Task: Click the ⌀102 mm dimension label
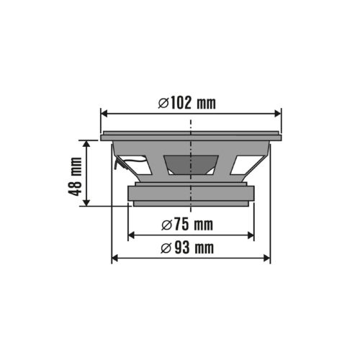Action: (x=186, y=103)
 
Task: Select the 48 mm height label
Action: (x=74, y=174)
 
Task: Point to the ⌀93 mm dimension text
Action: (x=186, y=248)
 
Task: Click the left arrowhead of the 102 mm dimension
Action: (x=104, y=113)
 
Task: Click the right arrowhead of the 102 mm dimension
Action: (x=277, y=113)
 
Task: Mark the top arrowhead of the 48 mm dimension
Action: (x=87, y=144)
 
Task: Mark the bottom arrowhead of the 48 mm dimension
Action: (x=87, y=203)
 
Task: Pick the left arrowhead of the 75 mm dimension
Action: (x=131, y=235)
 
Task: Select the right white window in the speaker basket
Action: (x=243, y=166)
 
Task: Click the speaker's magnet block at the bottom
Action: (x=191, y=194)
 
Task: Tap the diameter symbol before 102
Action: (x=163, y=103)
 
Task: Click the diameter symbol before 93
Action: (x=165, y=248)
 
